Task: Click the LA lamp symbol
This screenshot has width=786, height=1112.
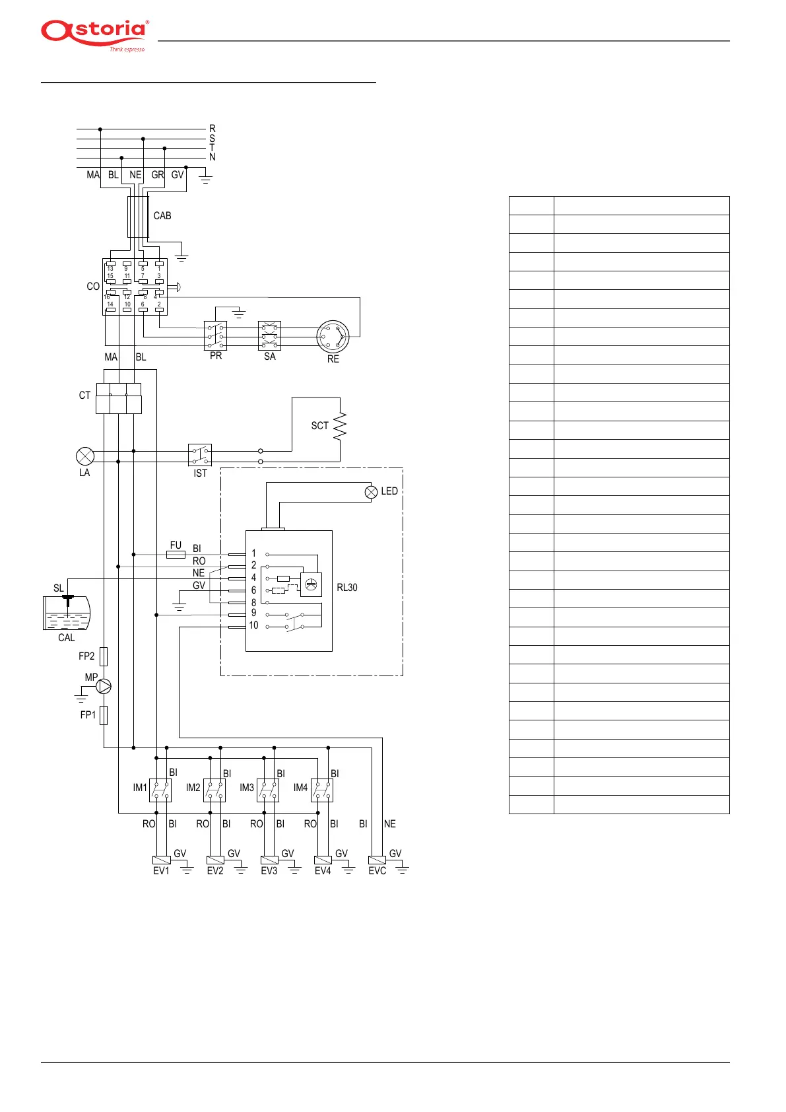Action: (x=85, y=456)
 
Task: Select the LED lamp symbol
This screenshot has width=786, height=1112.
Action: (x=372, y=491)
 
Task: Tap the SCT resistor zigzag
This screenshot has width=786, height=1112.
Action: (x=340, y=426)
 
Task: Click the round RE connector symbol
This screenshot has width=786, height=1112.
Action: (x=333, y=337)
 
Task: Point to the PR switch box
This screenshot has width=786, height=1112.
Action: (x=216, y=336)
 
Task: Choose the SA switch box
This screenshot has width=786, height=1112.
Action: (x=269, y=336)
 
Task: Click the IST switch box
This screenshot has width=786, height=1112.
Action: (x=200, y=456)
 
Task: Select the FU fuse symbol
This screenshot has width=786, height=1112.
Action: (x=176, y=555)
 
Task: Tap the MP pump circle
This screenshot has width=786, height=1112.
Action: (x=104, y=687)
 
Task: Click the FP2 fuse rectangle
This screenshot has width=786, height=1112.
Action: (x=104, y=656)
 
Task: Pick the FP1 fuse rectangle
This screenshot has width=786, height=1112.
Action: (x=104, y=715)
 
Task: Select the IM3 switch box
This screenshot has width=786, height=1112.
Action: (x=268, y=790)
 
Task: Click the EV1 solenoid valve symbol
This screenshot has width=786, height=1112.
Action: (x=162, y=860)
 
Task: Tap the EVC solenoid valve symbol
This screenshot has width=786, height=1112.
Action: (x=377, y=860)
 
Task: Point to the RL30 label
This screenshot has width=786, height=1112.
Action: (x=347, y=588)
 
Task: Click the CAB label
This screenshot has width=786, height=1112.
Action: (x=162, y=216)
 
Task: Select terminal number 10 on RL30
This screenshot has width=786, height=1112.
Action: (x=253, y=625)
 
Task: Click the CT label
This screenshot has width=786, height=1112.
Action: (x=84, y=396)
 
